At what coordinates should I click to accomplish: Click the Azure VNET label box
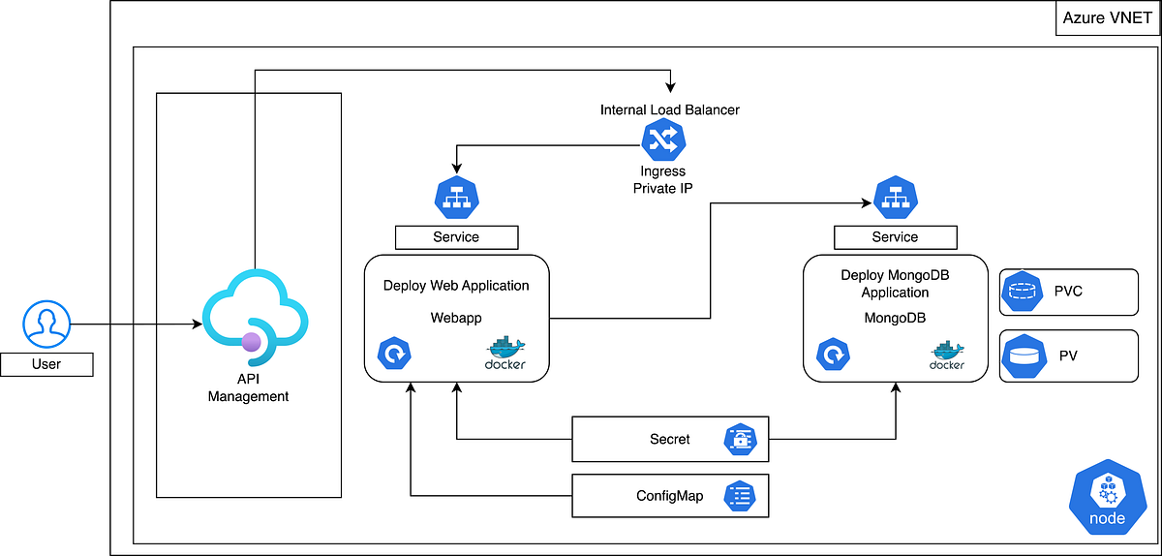pyautogui.click(x=1108, y=18)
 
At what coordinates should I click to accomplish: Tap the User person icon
pyautogui.click(x=46, y=324)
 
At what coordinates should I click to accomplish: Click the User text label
pyautogui.click(x=46, y=364)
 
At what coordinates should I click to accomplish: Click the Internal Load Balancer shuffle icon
pyautogui.click(x=663, y=142)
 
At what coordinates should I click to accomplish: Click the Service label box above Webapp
pyautogui.click(x=456, y=236)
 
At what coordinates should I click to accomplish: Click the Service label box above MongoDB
pyautogui.click(x=895, y=236)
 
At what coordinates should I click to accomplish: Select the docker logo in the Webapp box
pyautogui.click(x=505, y=354)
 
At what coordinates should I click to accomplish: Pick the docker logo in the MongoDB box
pyautogui.click(x=946, y=355)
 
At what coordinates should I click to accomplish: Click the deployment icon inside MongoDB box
pyautogui.click(x=834, y=355)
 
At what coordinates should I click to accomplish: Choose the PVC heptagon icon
pyautogui.click(x=1022, y=292)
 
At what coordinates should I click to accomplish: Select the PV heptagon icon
pyautogui.click(x=1022, y=356)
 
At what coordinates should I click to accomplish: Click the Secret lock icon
pyautogui.click(x=739, y=440)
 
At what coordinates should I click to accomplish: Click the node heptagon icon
pyautogui.click(x=1107, y=498)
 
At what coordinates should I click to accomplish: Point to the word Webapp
pyautogui.click(x=455, y=317)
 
